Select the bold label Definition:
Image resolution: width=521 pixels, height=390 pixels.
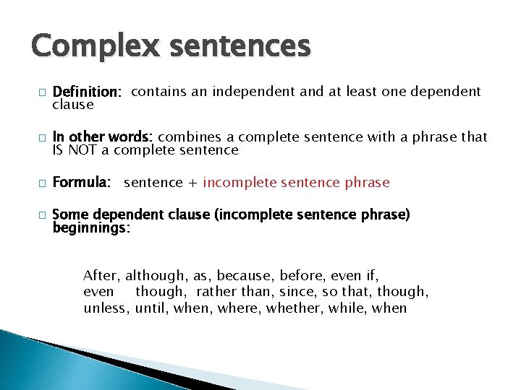click(x=87, y=92)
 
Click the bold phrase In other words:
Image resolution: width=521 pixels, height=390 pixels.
click(x=103, y=137)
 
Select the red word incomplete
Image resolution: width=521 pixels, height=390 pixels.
click(x=238, y=183)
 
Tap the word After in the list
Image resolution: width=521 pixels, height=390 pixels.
click(x=102, y=275)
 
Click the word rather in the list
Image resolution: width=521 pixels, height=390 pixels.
click(x=216, y=292)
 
